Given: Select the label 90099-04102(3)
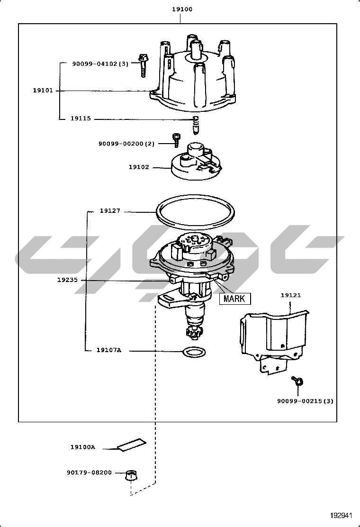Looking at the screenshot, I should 100,64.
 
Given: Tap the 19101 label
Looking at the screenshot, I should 42,91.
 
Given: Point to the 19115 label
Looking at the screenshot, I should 81,119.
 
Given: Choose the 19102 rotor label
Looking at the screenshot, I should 139,167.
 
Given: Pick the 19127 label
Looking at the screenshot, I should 110,211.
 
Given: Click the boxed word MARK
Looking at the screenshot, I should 234,299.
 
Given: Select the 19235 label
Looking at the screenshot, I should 67,280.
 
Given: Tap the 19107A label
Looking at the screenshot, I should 109,351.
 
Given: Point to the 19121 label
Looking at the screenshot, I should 290,295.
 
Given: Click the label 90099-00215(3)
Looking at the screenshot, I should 305,401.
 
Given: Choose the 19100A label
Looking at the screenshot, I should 83,447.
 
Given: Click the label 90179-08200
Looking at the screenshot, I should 89,472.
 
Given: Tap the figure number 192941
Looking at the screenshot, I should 342,515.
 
